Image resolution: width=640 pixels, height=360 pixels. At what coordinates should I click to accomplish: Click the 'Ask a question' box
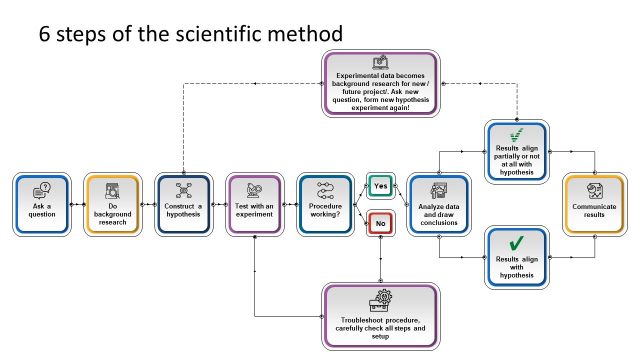[x=42, y=204]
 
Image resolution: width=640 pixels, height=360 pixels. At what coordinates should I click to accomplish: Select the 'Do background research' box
[x=113, y=204]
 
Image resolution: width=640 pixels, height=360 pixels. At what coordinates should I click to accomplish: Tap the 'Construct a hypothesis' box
[x=184, y=204]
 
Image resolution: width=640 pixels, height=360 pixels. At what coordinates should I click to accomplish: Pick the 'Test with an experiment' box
[x=255, y=204]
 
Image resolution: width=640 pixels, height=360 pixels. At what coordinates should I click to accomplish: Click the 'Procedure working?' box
[x=326, y=204]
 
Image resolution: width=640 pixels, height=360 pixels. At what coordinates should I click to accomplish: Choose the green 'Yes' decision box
[x=380, y=186]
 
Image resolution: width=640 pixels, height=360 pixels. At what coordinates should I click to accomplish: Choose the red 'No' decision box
[x=380, y=225]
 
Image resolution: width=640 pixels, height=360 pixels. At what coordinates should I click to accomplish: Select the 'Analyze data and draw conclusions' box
[x=436, y=204]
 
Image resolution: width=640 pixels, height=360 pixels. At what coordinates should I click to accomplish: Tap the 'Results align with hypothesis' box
[x=515, y=256]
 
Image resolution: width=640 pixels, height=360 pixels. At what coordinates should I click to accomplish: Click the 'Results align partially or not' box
[x=515, y=152]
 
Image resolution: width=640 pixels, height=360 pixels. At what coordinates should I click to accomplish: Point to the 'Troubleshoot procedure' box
[x=380, y=314]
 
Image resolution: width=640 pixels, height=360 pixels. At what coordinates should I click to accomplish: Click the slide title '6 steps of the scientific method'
[x=190, y=33]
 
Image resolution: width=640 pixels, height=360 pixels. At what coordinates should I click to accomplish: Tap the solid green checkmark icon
[x=515, y=243]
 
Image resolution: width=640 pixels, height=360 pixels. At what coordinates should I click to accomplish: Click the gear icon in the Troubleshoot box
[x=380, y=299]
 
